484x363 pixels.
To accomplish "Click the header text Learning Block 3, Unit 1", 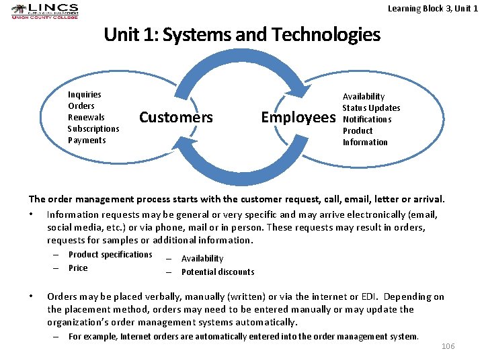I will pos(433,8).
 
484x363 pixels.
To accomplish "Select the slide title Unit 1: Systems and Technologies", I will pos(242,34).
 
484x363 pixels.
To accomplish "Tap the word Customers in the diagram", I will pos(175,118).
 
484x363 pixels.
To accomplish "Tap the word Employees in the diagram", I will pos(298,118).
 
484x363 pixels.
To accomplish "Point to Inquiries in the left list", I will pos(85,95).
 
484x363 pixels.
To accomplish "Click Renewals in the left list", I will pos(86,118).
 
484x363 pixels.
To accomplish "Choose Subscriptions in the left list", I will pos(93,129).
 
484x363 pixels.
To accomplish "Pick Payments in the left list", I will pos(87,140).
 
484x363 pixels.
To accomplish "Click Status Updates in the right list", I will pos(371,108).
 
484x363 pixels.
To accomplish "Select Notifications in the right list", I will pos(367,120).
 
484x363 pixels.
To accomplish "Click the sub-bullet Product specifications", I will pos(110,255).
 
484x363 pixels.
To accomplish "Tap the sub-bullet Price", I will pos(78,268).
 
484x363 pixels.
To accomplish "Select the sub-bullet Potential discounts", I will pos(218,272).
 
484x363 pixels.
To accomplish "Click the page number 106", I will pos(448,346).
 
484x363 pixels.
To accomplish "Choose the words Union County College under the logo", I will pos(44,17).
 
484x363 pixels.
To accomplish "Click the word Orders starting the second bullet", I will pos(61,297).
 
